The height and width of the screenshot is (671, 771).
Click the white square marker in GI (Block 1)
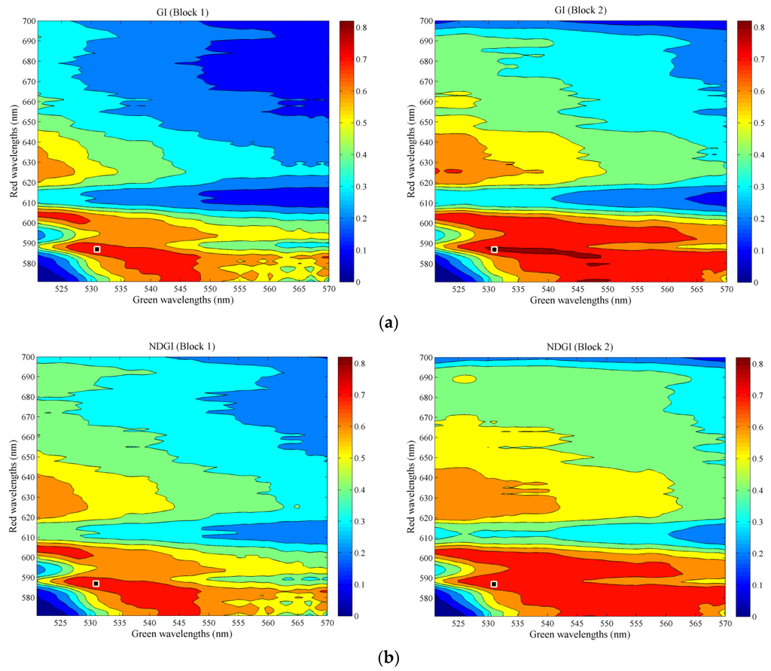[97, 249]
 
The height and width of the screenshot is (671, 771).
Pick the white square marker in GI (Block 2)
[495, 249]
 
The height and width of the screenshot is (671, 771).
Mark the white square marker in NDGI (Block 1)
[96, 584]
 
